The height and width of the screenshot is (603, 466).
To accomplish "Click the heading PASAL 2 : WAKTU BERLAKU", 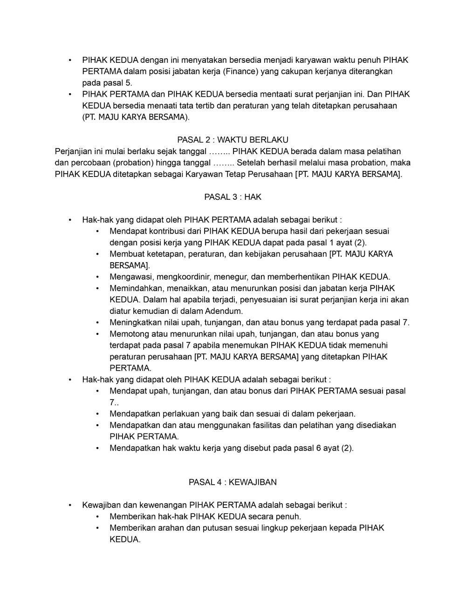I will [x=233, y=140].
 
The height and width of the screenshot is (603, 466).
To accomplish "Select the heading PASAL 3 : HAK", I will [x=233, y=197].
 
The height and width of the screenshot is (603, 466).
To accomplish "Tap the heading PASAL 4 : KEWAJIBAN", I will [x=233, y=482].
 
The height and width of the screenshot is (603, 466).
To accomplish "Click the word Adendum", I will [x=224, y=311].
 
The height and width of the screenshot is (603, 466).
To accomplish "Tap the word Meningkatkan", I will [x=132, y=322].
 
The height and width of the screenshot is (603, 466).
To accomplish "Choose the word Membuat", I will [x=124, y=254].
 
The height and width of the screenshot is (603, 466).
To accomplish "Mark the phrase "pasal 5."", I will [x=107, y=83].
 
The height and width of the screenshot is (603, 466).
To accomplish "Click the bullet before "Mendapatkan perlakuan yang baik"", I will [x=97, y=413].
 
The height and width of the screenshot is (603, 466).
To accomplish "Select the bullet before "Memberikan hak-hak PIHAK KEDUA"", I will [x=97, y=516].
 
